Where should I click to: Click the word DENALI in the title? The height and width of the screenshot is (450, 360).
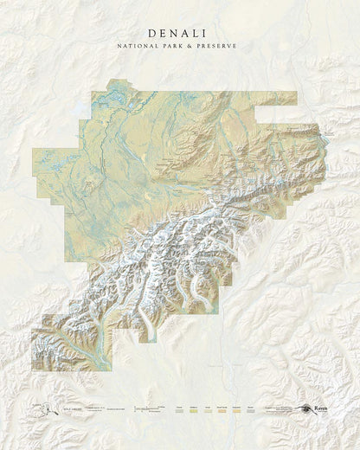tap(179, 31)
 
